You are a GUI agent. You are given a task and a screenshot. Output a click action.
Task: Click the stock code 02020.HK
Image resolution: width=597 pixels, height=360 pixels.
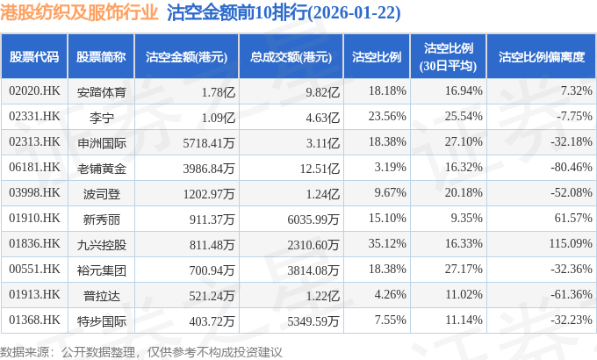pyautogui.click(x=34, y=90)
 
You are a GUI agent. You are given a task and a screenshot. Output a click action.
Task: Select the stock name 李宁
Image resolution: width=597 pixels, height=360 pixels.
pyautogui.click(x=102, y=116)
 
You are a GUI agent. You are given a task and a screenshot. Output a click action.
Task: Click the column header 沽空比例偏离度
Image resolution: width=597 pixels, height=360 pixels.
pyautogui.click(x=541, y=56)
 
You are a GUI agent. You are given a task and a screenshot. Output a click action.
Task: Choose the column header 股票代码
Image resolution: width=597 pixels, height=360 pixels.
pyautogui.click(x=34, y=56)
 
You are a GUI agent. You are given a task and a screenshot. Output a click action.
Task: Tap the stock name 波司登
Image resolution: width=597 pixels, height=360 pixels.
pyautogui.click(x=102, y=192)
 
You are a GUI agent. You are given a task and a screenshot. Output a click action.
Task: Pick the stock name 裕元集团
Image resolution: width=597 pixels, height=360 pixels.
pyautogui.click(x=102, y=269)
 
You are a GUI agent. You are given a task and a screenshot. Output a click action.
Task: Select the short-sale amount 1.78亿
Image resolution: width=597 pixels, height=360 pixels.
pyautogui.click(x=219, y=90)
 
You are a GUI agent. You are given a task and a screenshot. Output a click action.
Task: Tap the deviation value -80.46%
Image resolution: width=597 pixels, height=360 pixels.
pyautogui.click(x=567, y=167)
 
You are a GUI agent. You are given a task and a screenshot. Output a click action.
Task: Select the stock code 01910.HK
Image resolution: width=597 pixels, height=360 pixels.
pyautogui.click(x=34, y=218)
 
